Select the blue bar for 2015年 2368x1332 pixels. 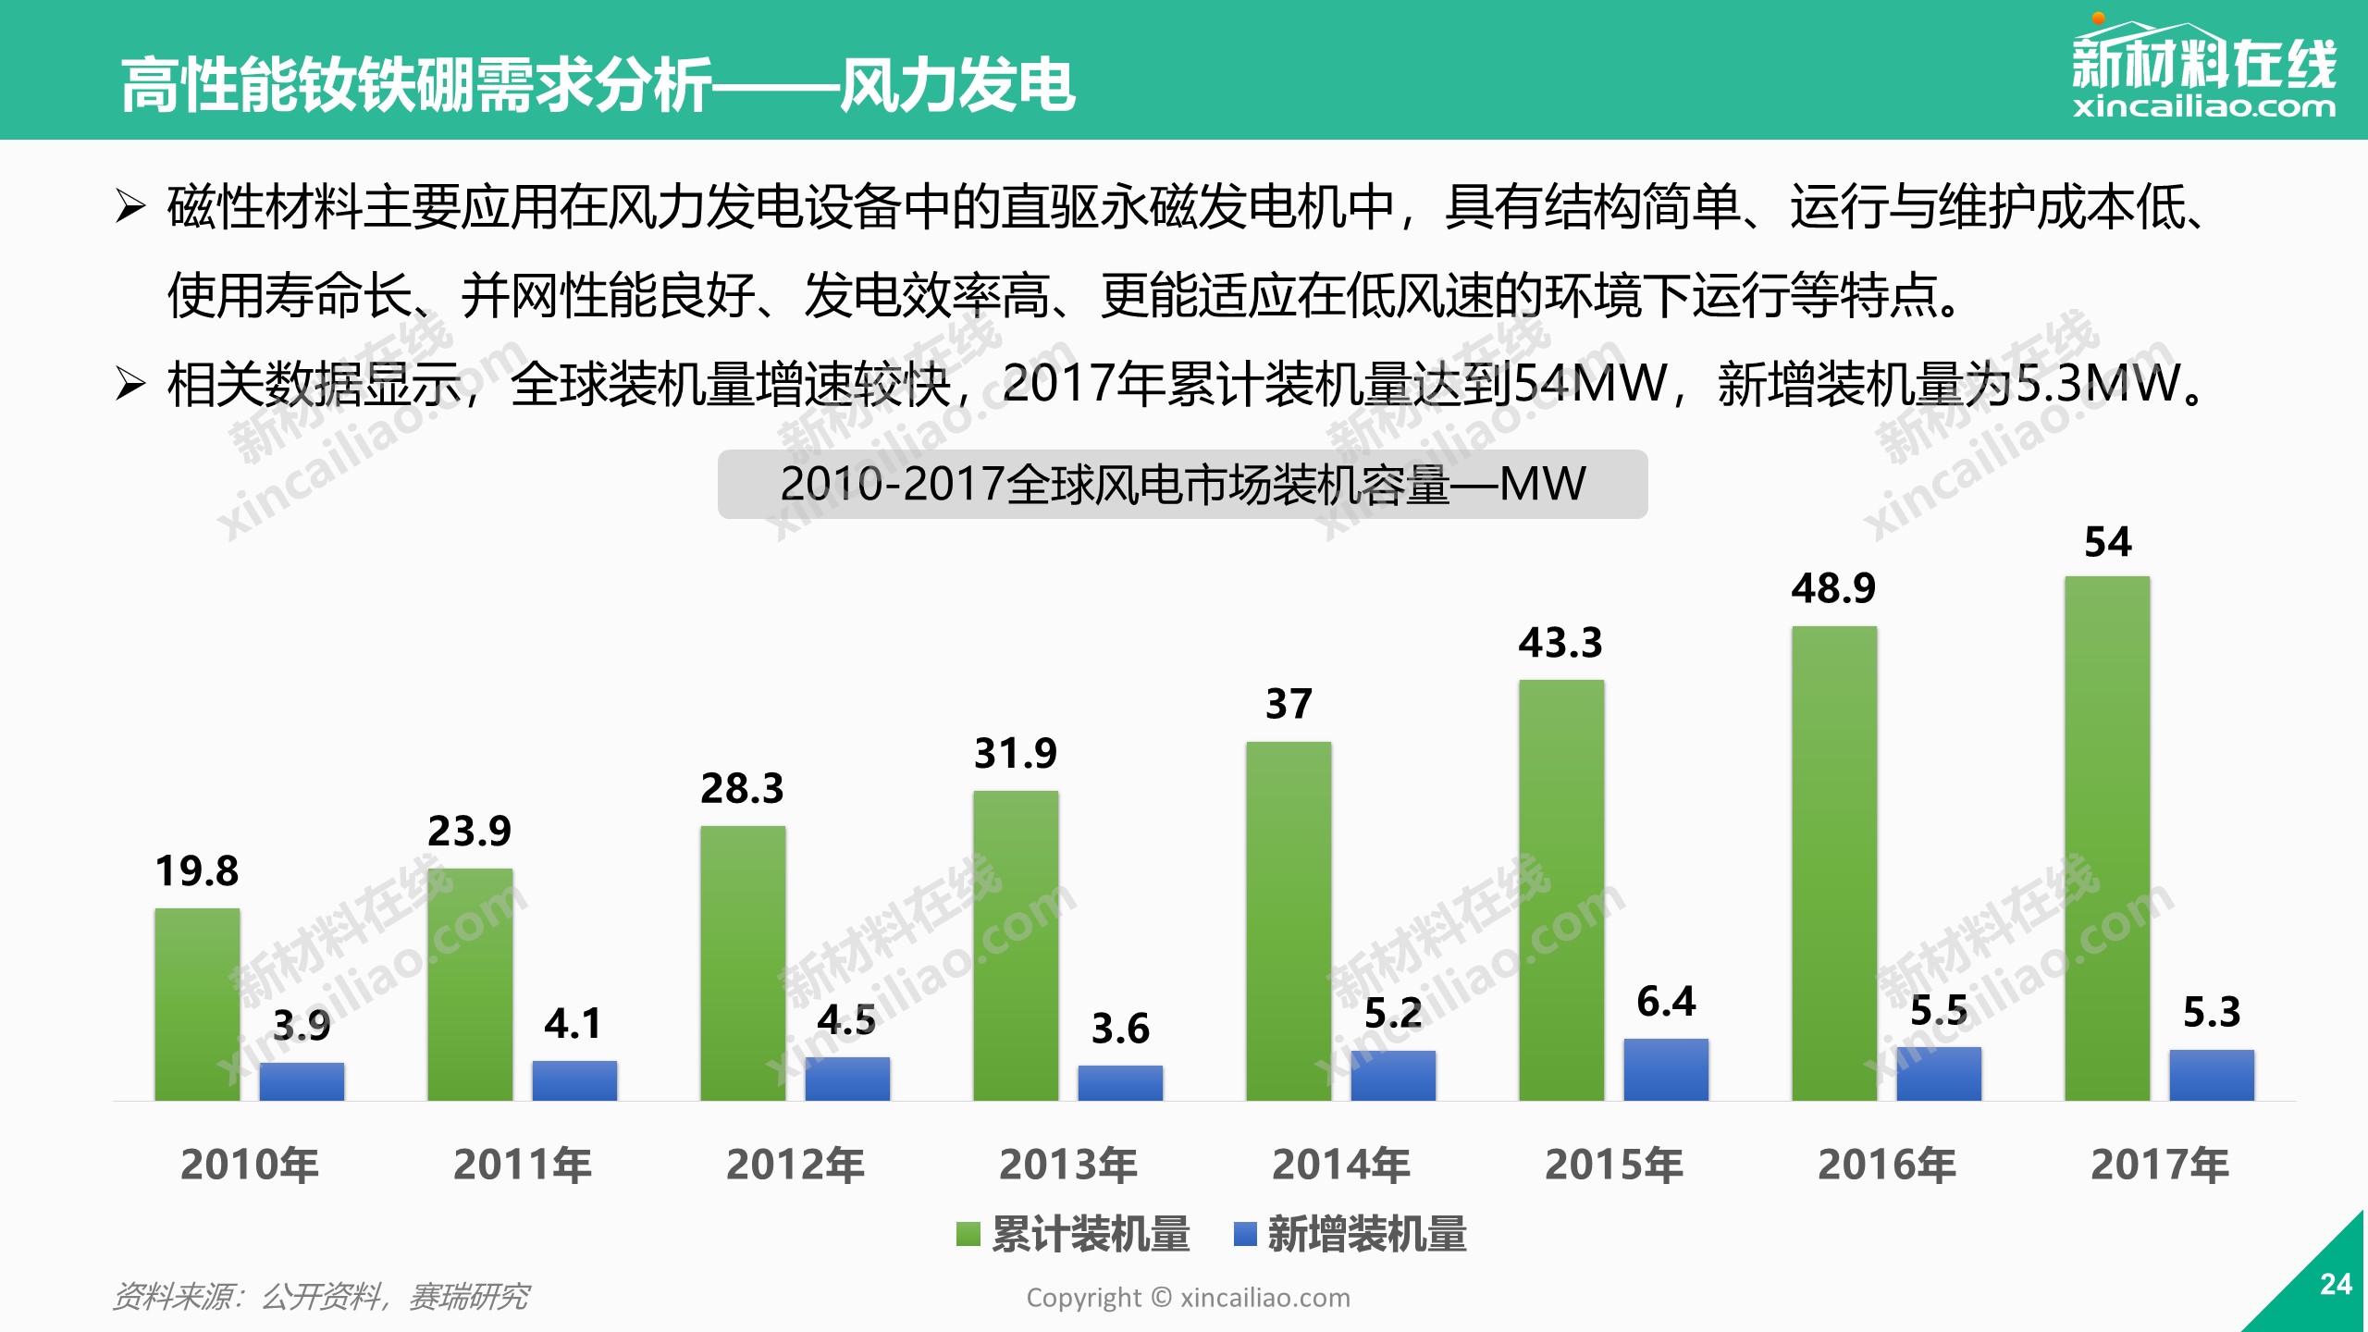tap(1666, 1069)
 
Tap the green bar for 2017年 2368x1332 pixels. tap(2107, 837)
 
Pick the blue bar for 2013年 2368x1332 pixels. tap(1120, 1082)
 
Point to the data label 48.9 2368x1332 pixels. tap(1833, 588)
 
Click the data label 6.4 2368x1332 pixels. tap(1666, 1002)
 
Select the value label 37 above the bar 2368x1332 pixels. tap(1289, 705)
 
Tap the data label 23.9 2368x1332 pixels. tap(469, 832)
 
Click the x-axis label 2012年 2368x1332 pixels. tap(795, 1165)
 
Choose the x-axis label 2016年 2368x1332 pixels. tap(1887, 1165)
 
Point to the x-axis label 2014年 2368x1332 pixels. tap(1341, 1165)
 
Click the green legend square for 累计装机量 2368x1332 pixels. tap(968, 1234)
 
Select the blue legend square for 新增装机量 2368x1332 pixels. tap(1245, 1234)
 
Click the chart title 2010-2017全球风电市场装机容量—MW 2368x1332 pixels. tap(1182, 484)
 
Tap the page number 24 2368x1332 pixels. tap(2336, 1284)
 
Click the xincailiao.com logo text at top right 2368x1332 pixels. tap(2204, 107)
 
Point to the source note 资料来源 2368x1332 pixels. tap(320, 1297)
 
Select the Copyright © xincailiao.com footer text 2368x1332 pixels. tap(1188, 1298)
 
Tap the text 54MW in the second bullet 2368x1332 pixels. tap(1591, 383)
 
